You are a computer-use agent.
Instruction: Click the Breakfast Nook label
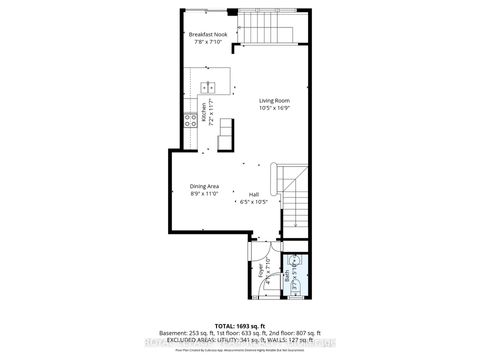tap(208, 35)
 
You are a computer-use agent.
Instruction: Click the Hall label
tap(254, 195)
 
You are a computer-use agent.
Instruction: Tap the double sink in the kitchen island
tap(208, 85)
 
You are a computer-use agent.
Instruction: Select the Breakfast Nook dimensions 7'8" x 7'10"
tap(208, 43)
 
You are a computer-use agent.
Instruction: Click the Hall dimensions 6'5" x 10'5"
tap(254, 202)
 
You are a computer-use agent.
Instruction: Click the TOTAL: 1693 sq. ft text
tap(241, 325)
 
